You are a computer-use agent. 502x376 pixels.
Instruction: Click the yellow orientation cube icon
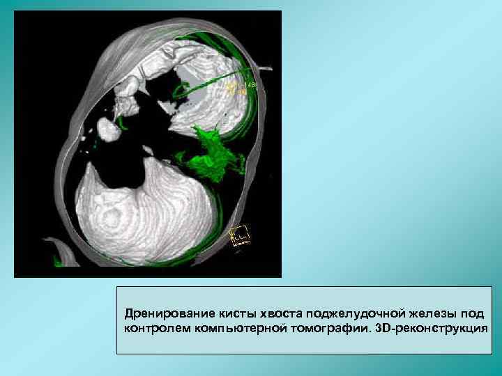click(x=240, y=235)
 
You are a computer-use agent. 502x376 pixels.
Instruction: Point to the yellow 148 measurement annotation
click(x=238, y=85)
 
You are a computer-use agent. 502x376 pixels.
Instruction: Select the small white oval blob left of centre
click(x=108, y=130)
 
